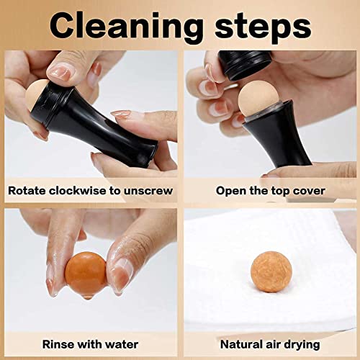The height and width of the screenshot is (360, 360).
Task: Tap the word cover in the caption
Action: coord(305,191)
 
